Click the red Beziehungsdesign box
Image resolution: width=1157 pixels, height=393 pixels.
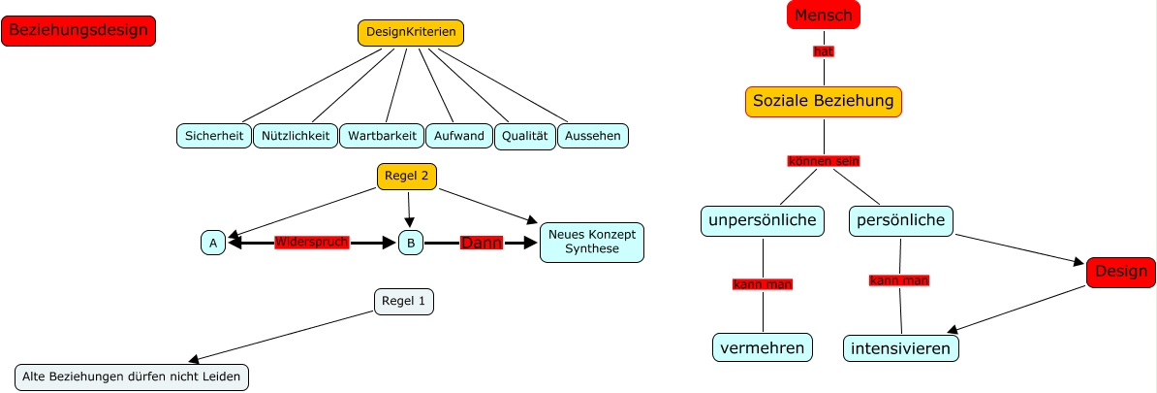[78, 31]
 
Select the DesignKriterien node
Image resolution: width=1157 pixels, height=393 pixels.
[411, 33]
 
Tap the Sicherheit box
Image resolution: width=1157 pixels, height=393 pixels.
[214, 136]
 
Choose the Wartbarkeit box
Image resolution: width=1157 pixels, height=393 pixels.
[382, 136]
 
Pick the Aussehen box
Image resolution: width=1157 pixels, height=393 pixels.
[593, 136]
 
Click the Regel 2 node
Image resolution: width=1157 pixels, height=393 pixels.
[407, 177]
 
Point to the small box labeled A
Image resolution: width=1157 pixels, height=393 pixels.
[213, 243]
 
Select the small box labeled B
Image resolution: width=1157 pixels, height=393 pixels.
[411, 243]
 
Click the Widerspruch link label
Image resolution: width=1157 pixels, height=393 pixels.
[311, 242]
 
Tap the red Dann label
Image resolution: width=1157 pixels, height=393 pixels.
[481, 243]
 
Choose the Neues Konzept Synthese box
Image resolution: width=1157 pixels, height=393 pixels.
[592, 242]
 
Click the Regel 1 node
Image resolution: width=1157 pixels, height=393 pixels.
[404, 302]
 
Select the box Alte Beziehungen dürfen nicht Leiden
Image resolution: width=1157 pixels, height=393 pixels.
[132, 377]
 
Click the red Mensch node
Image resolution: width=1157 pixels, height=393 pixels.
[823, 15]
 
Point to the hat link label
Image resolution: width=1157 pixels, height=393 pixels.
[824, 51]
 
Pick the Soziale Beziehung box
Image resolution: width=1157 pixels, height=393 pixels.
[824, 101]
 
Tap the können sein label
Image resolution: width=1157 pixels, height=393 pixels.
[823, 161]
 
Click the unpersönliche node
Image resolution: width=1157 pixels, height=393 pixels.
[764, 220]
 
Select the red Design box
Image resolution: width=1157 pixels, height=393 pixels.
[1120, 273]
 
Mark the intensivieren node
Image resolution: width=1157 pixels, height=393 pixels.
[901, 347]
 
